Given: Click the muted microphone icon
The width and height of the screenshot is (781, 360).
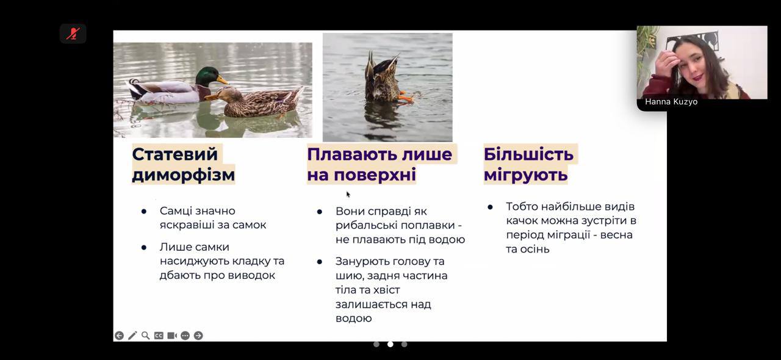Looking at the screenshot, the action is (73, 34).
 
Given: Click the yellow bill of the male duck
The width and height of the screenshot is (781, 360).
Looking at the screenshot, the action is (223, 80).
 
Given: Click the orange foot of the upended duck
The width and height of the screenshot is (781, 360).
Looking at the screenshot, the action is (406, 98).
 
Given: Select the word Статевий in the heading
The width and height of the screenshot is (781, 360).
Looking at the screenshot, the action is (175, 154).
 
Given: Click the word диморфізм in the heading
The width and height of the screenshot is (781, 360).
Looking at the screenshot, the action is (184, 175).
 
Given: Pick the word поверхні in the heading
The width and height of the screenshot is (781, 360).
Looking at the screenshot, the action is (375, 175).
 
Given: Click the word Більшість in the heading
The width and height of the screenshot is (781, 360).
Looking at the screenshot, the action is (528, 154).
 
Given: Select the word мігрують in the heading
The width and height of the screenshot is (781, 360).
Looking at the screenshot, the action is (526, 175).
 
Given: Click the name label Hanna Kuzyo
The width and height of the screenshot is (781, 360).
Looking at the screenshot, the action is (671, 102).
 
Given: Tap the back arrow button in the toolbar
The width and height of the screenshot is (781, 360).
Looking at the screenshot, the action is (119, 336).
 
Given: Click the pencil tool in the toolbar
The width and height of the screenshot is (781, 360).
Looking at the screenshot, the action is (132, 336).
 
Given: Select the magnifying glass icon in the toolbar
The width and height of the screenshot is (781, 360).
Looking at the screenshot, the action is (145, 336).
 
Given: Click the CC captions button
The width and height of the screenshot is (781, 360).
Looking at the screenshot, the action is (159, 336).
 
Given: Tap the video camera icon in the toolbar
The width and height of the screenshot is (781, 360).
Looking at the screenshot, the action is (172, 336).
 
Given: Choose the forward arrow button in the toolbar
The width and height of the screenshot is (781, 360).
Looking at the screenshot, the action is (198, 336).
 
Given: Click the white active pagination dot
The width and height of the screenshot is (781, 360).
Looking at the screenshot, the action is (390, 344).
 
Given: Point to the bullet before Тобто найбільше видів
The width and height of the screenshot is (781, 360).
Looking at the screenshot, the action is (490, 207).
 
